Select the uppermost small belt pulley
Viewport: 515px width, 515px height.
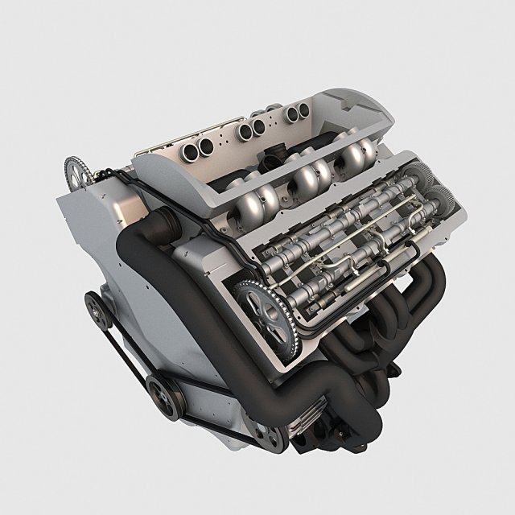coord(94,304)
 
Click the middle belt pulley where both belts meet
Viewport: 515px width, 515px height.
coord(159,394)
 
